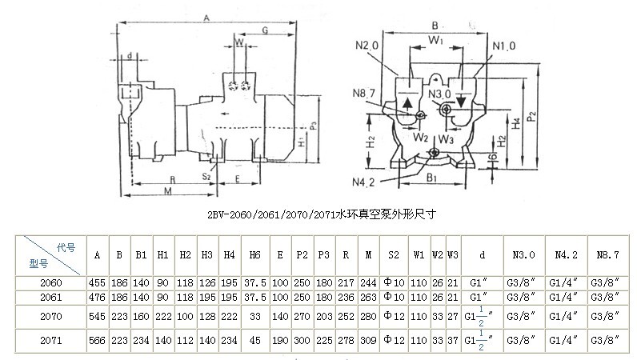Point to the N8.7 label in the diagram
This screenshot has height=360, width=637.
[x=363, y=93]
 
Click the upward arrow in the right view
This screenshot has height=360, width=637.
[x=408, y=102]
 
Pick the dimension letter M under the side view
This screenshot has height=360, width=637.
[x=166, y=191]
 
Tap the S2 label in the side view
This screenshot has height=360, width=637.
[x=206, y=174]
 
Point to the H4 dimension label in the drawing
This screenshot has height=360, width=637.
[x=516, y=122]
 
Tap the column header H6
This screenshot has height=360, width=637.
[x=254, y=255]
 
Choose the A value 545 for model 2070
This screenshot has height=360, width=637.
[x=97, y=316]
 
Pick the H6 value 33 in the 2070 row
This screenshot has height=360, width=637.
[x=254, y=316]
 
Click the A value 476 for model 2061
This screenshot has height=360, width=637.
[x=97, y=296]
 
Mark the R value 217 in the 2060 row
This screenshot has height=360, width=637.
[x=345, y=282]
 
